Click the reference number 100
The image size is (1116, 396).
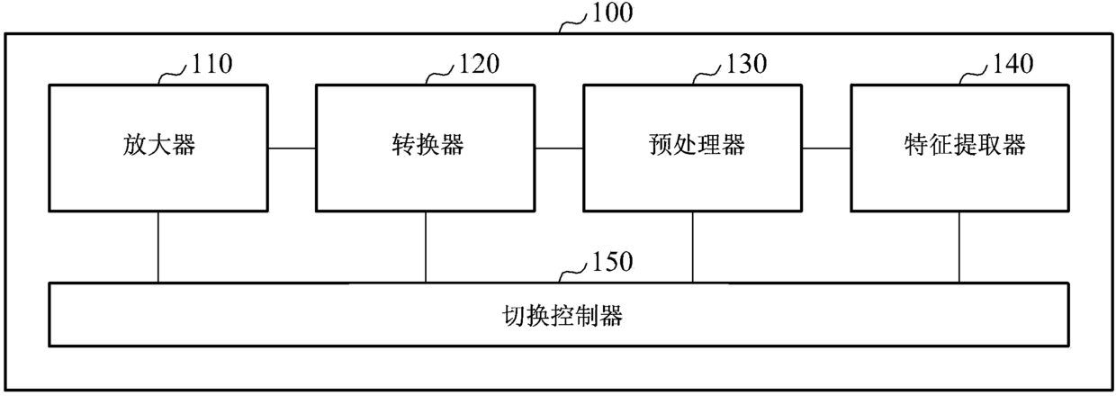pos(613,13)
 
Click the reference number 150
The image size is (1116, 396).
pos(613,262)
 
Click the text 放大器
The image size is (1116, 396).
pos(158,145)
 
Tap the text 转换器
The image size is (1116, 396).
pos(425,145)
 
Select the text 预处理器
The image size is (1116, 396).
pos(692,145)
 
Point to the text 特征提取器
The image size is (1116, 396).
pos(959,145)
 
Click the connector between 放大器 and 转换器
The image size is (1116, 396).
pos(292,148)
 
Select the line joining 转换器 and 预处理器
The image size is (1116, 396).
pos(559,148)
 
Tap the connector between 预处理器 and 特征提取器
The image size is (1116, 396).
pos(826,148)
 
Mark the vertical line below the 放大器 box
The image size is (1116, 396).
pos(158,247)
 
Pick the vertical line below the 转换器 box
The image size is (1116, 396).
pos(426,247)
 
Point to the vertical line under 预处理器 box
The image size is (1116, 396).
pos(692,247)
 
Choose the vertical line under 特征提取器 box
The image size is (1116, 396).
pos(958,247)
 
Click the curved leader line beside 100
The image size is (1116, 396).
pos(573,22)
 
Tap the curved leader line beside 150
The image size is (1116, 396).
pos(573,272)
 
